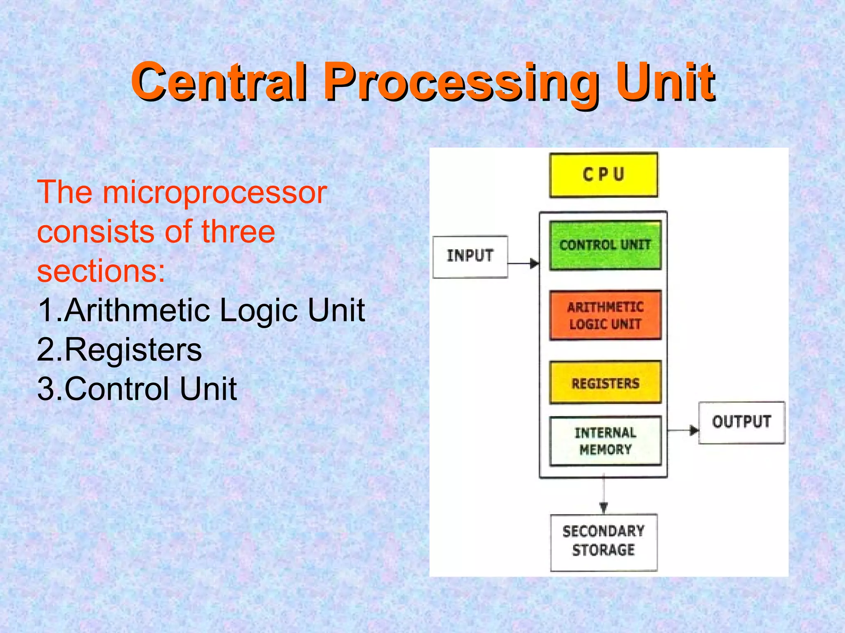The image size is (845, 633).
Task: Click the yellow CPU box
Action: [603, 175]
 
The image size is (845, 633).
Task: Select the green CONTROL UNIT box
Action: [605, 245]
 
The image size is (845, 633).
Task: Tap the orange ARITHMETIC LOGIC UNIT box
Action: [605, 315]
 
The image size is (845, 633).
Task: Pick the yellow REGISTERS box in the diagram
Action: [605, 382]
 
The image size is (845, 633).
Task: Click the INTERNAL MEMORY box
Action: [605, 441]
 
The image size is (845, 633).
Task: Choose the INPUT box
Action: [470, 257]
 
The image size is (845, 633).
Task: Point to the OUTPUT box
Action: [741, 422]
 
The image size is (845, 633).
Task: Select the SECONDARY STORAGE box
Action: [603, 542]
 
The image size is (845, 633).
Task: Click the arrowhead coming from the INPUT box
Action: [534, 263]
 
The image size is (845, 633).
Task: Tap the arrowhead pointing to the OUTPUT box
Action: [694, 431]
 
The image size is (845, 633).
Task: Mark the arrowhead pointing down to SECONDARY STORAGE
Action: [604, 508]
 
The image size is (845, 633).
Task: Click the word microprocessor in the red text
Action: [215, 193]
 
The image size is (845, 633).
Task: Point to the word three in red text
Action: [238, 232]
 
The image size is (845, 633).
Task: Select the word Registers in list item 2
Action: [133, 349]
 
